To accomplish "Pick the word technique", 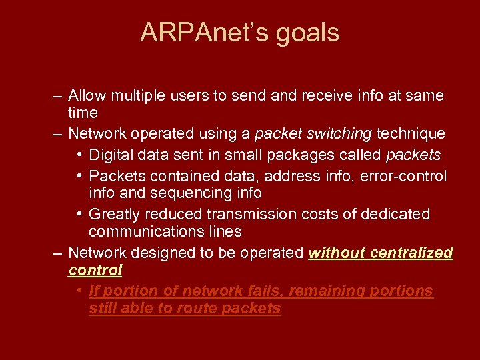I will pyautogui.click(x=411, y=134).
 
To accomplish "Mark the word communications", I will pyautogui.click(x=143, y=232).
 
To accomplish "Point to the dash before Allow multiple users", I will pyautogui.click(x=58, y=96).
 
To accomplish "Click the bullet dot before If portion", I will pyautogui.click(x=79, y=291).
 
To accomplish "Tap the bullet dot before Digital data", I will pyautogui.click(x=79, y=155).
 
